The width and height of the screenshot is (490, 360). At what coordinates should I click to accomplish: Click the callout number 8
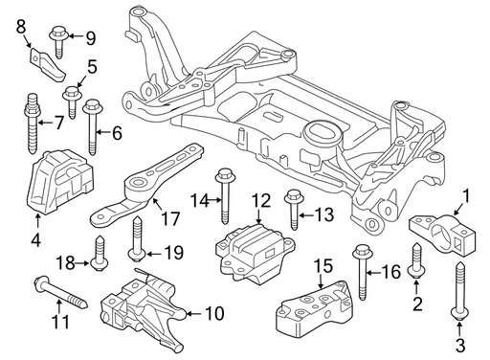(x=21, y=27)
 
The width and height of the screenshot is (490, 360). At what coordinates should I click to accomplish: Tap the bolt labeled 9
(x=58, y=43)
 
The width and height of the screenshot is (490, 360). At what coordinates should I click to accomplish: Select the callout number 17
(x=170, y=218)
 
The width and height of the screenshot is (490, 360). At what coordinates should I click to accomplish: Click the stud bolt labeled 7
(x=32, y=123)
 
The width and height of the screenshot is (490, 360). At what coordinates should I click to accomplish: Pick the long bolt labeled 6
(x=92, y=127)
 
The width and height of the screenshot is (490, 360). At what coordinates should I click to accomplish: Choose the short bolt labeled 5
(x=73, y=102)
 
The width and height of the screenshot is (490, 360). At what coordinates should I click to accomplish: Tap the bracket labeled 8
(x=47, y=65)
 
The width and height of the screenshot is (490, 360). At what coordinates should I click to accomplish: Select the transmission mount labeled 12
(x=255, y=254)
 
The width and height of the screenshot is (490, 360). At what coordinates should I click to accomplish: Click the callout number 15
(x=323, y=265)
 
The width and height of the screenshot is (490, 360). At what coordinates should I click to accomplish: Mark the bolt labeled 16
(x=363, y=272)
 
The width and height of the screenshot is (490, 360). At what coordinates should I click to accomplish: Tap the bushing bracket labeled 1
(x=442, y=235)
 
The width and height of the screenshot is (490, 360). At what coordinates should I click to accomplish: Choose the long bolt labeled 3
(x=459, y=290)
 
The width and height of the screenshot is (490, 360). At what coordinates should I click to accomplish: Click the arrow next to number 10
(x=193, y=314)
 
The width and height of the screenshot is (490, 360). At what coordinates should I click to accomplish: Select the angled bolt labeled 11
(x=60, y=293)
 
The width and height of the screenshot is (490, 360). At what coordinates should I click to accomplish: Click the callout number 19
(x=173, y=253)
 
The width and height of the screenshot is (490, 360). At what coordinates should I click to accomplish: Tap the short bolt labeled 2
(x=416, y=260)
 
